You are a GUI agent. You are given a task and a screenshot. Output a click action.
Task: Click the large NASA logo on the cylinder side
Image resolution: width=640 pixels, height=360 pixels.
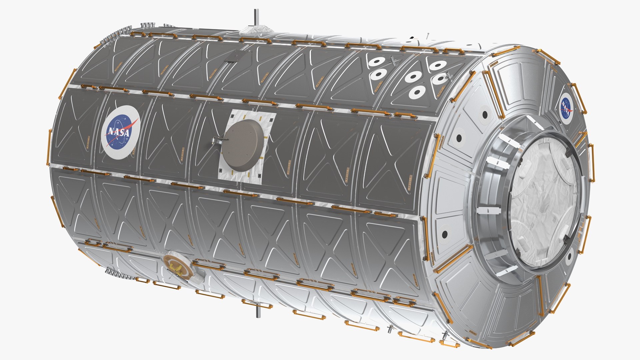120,132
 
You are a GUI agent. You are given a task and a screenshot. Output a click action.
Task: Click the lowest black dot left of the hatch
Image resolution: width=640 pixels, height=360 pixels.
444,235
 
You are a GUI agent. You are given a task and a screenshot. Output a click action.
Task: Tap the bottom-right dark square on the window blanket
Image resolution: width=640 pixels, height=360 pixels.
259,176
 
